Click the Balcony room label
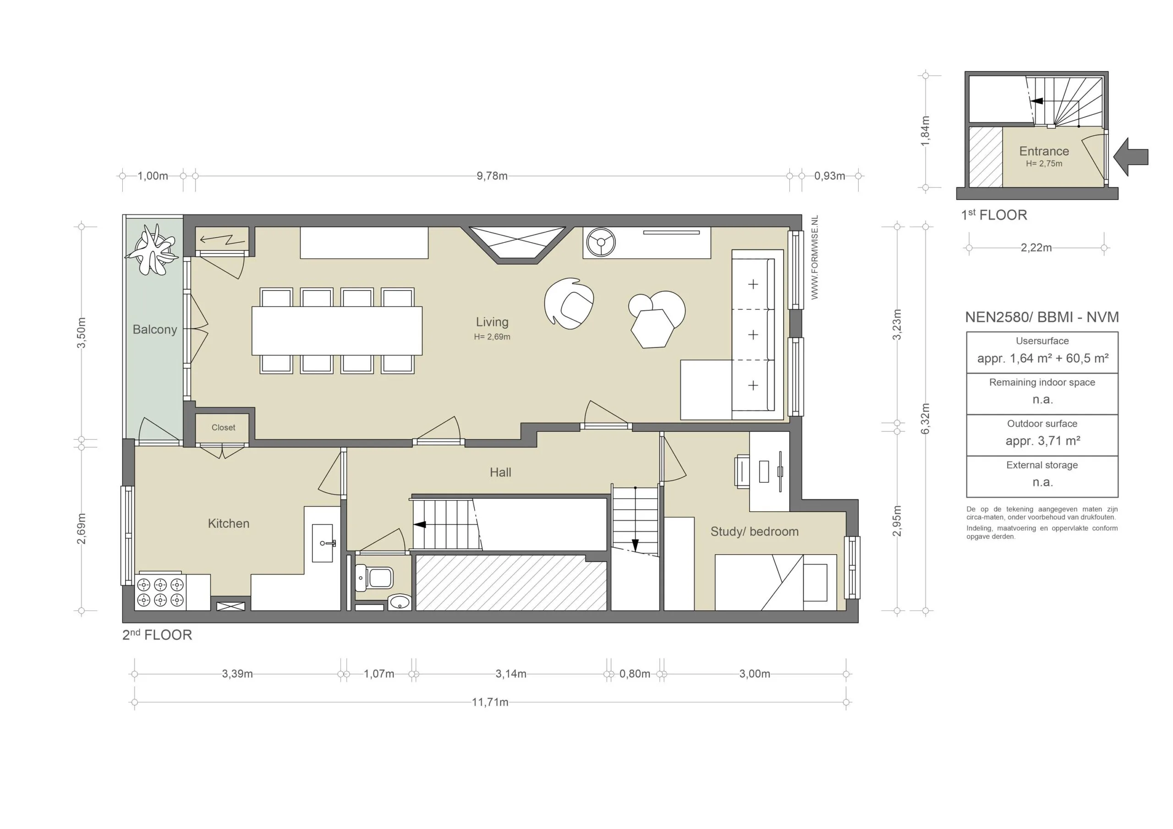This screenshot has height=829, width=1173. pos(154,329)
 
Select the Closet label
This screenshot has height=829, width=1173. pos(223,427)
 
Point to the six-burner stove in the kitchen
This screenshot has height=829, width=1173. pos(160,592)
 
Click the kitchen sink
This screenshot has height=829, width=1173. pos(323,543)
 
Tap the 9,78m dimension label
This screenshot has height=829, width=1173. pos(492,176)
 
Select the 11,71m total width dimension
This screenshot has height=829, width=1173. pos(489,702)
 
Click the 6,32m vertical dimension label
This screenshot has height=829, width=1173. pos(925,418)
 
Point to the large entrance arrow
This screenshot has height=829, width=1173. pos(1132,157)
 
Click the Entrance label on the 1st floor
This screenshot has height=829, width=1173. pos(1044,151)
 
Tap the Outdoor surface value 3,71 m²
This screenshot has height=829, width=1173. pos(1042,441)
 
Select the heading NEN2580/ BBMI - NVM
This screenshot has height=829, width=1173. pos(1041,317)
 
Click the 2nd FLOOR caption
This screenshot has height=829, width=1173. pos(157,635)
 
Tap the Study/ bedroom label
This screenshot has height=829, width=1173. pos(754,532)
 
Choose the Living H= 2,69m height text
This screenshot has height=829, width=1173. pos(492,337)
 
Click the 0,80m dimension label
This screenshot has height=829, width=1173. pos(635,674)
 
